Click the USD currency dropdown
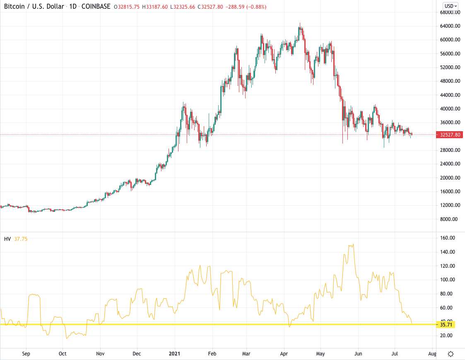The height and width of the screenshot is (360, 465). [451, 6]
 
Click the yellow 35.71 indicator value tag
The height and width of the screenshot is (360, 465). [446, 324]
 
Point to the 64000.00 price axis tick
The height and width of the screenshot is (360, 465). [450, 26]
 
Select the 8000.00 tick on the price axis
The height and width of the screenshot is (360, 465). [450, 219]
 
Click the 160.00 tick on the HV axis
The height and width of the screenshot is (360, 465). [448, 238]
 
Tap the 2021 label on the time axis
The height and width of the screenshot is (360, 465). [175, 354]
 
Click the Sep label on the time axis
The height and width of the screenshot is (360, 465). [26, 354]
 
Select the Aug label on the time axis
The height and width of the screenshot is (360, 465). [432, 354]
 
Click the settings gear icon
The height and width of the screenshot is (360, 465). [451, 354]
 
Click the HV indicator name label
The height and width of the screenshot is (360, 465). [7, 239]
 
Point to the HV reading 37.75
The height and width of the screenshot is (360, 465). [21, 239]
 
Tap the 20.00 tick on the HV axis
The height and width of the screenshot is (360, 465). [448, 336]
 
